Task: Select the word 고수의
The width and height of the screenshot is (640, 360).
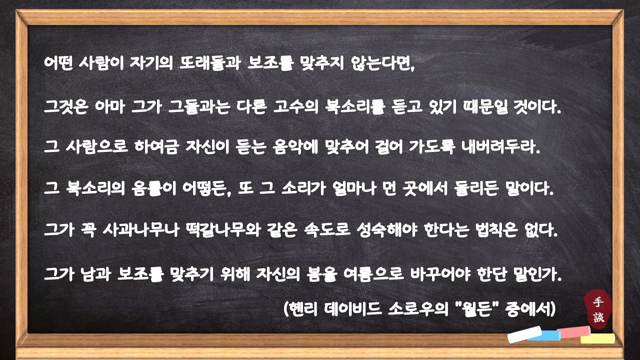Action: tap(296, 106)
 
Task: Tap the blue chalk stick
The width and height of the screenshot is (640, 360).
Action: tap(545, 335)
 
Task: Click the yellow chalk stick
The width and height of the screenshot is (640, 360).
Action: tap(597, 338)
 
